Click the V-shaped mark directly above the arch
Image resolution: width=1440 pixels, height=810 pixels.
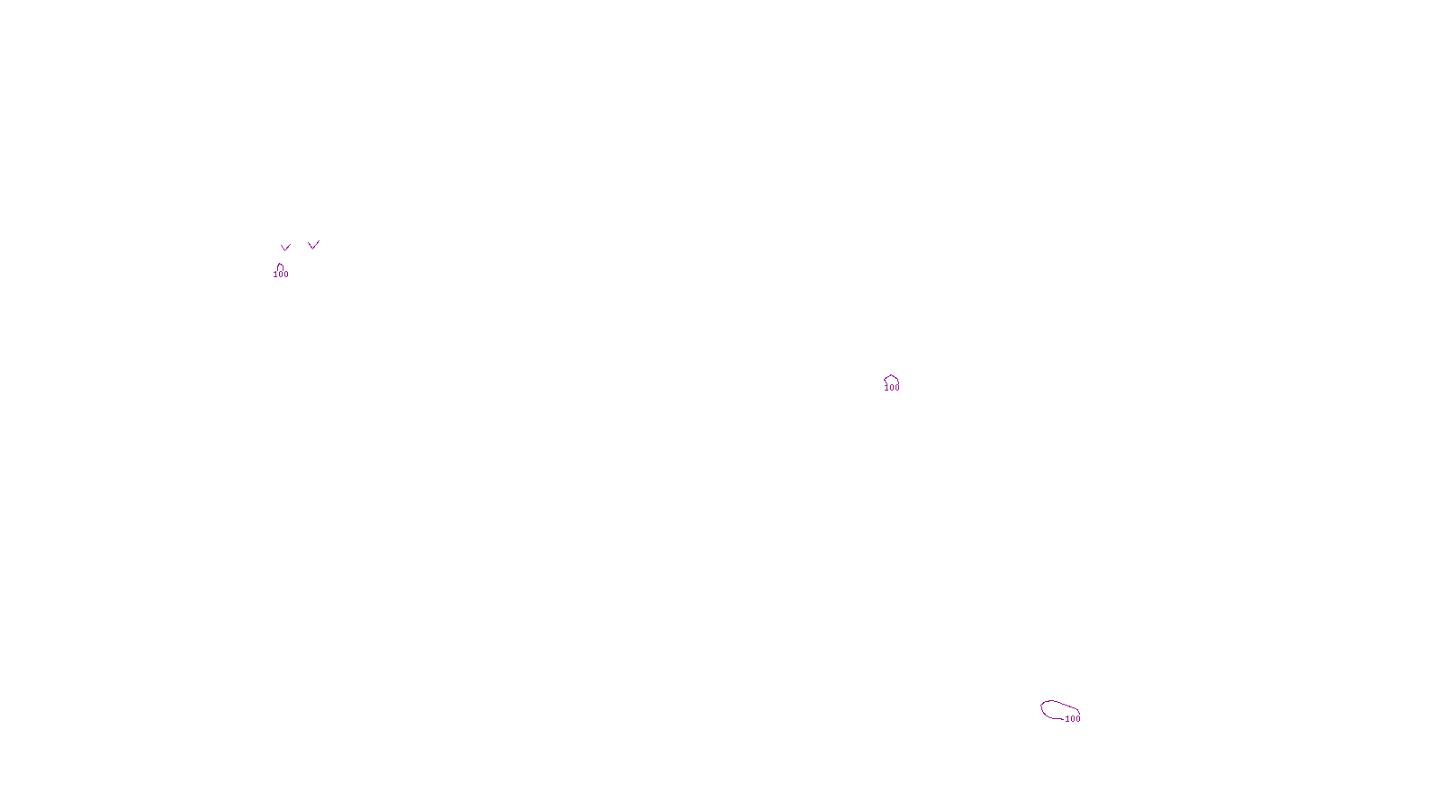click(285, 247)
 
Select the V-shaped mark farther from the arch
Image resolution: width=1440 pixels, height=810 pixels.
click(313, 245)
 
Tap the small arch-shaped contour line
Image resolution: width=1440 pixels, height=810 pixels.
click(280, 266)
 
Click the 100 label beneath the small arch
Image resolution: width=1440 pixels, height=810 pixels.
click(281, 274)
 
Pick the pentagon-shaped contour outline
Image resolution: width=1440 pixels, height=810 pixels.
click(891, 379)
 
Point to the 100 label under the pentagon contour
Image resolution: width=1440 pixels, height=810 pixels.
click(892, 388)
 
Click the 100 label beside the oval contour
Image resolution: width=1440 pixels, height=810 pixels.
click(1073, 719)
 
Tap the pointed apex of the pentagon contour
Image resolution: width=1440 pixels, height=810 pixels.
click(891, 375)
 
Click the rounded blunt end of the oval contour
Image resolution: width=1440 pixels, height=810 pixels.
click(1042, 708)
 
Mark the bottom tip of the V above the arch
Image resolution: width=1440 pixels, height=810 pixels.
click(285, 250)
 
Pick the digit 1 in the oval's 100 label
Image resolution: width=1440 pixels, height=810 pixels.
click(1067, 719)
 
